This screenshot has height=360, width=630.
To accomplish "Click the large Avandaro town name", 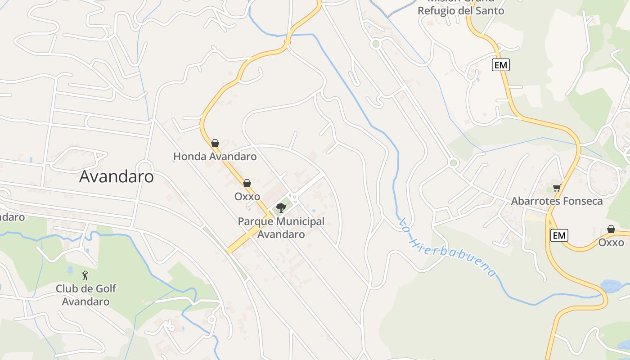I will tap(116, 177).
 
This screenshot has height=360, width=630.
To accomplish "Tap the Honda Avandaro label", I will tap(215, 157).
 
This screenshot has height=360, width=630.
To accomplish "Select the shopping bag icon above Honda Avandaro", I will tap(215, 143).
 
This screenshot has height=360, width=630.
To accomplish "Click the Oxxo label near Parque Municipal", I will tap(247, 197).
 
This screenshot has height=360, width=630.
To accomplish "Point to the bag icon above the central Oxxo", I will tap(247, 183).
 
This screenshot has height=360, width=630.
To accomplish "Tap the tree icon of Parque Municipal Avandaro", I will tap(281, 207).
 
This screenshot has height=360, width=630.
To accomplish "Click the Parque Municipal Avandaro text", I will tap(281, 228).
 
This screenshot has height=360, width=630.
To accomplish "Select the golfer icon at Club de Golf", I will tap(85, 275).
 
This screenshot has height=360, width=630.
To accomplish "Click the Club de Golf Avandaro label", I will tap(85, 295).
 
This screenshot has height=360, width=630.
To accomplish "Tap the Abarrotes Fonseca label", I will tap(557, 201).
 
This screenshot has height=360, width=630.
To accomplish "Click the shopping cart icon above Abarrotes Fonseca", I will tap(557, 188).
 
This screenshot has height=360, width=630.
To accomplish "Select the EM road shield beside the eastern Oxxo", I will tap(559, 235).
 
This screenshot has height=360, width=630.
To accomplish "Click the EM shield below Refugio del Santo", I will tap(500, 65).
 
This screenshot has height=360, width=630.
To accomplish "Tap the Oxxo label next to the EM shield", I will tap(611, 243).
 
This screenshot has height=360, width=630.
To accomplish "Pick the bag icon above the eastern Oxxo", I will tap(611, 229).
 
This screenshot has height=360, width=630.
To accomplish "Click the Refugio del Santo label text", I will tap(461, 10).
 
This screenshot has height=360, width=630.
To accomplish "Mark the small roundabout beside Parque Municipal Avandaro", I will tap(294, 197).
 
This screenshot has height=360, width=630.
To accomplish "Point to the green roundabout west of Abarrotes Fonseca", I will tap(453, 163).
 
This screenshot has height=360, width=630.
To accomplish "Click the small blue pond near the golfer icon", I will tap(70, 270).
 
